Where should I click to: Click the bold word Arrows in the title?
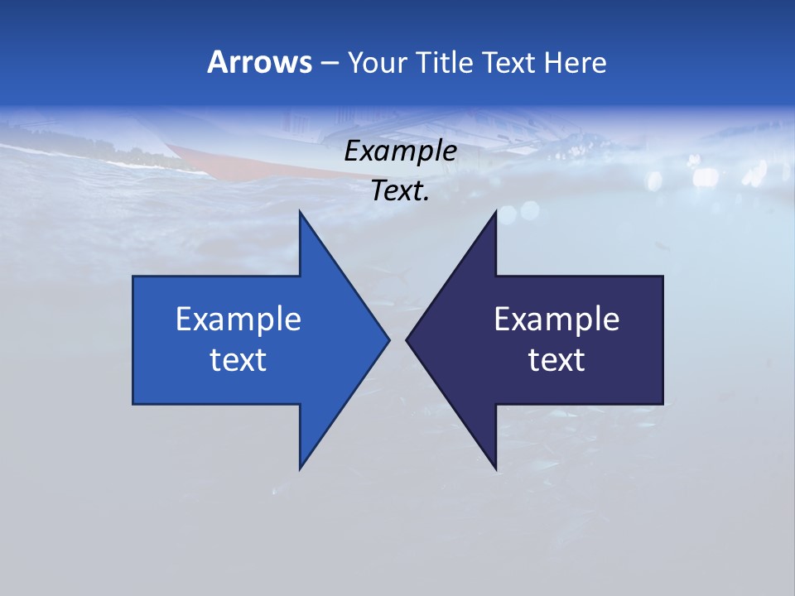click(259, 62)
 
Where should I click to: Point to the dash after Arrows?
click(328, 63)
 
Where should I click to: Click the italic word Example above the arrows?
click(400, 151)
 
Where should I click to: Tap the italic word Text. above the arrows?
click(400, 191)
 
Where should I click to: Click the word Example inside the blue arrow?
click(238, 320)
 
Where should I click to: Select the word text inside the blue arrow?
click(238, 360)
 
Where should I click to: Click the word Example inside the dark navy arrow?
click(556, 320)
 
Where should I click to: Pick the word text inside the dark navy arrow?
click(556, 360)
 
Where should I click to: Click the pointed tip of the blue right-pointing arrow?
click(388, 339)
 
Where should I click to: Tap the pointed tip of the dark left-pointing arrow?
click(407, 339)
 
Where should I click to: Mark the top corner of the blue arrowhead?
click(300, 212)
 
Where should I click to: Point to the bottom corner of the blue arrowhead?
click(300, 469)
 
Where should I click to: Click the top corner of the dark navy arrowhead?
click(496, 212)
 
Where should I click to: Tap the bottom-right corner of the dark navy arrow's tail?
click(662, 403)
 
